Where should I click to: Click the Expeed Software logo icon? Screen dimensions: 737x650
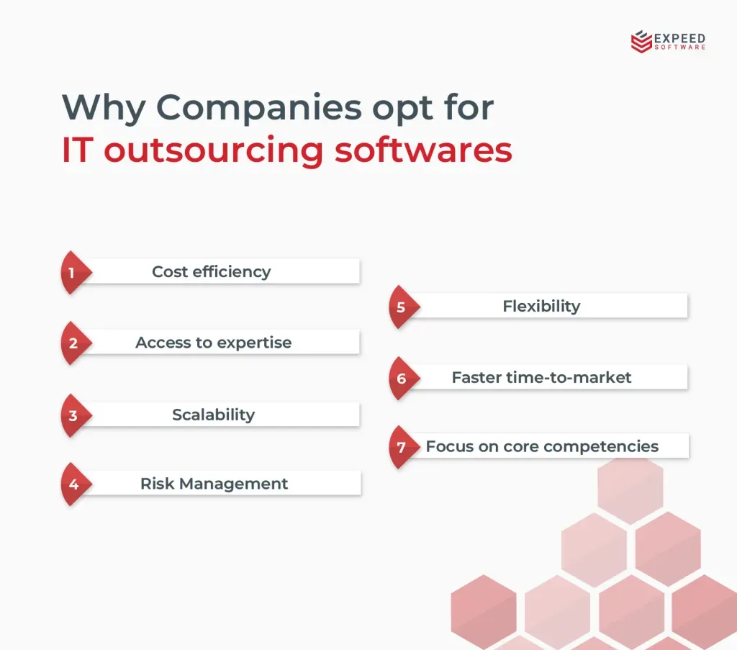641,41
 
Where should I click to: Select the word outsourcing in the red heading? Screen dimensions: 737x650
213,150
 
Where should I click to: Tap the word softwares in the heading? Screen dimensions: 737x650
423,150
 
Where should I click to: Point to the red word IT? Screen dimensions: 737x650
77,150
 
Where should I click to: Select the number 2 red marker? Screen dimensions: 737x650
76,343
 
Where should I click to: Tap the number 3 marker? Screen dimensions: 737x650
76,415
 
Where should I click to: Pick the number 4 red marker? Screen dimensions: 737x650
76,484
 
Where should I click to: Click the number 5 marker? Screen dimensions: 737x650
404,307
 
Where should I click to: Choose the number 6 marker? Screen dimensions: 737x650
404,379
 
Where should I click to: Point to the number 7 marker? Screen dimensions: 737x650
404,447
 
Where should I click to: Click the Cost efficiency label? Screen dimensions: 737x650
212,271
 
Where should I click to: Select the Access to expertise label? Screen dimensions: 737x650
213,343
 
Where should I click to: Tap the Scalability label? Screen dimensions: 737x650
213,415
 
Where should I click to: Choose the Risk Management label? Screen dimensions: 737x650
214,484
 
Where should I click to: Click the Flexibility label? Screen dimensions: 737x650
541,307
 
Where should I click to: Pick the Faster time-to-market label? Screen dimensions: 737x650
541,377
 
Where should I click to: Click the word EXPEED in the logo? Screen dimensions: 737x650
679,38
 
